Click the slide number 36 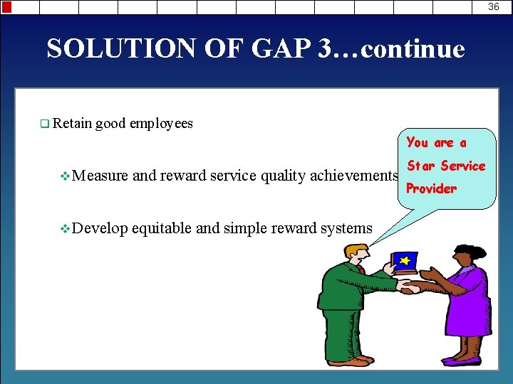click(494, 6)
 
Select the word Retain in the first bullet click(71, 124)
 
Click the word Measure click(100, 176)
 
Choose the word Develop click(100, 228)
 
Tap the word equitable click(162, 228)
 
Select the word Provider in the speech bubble click(431, 188)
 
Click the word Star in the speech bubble click(420, 166)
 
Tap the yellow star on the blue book click(405, 262)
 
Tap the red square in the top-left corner click(6, 6)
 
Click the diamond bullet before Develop click(66, 229)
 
